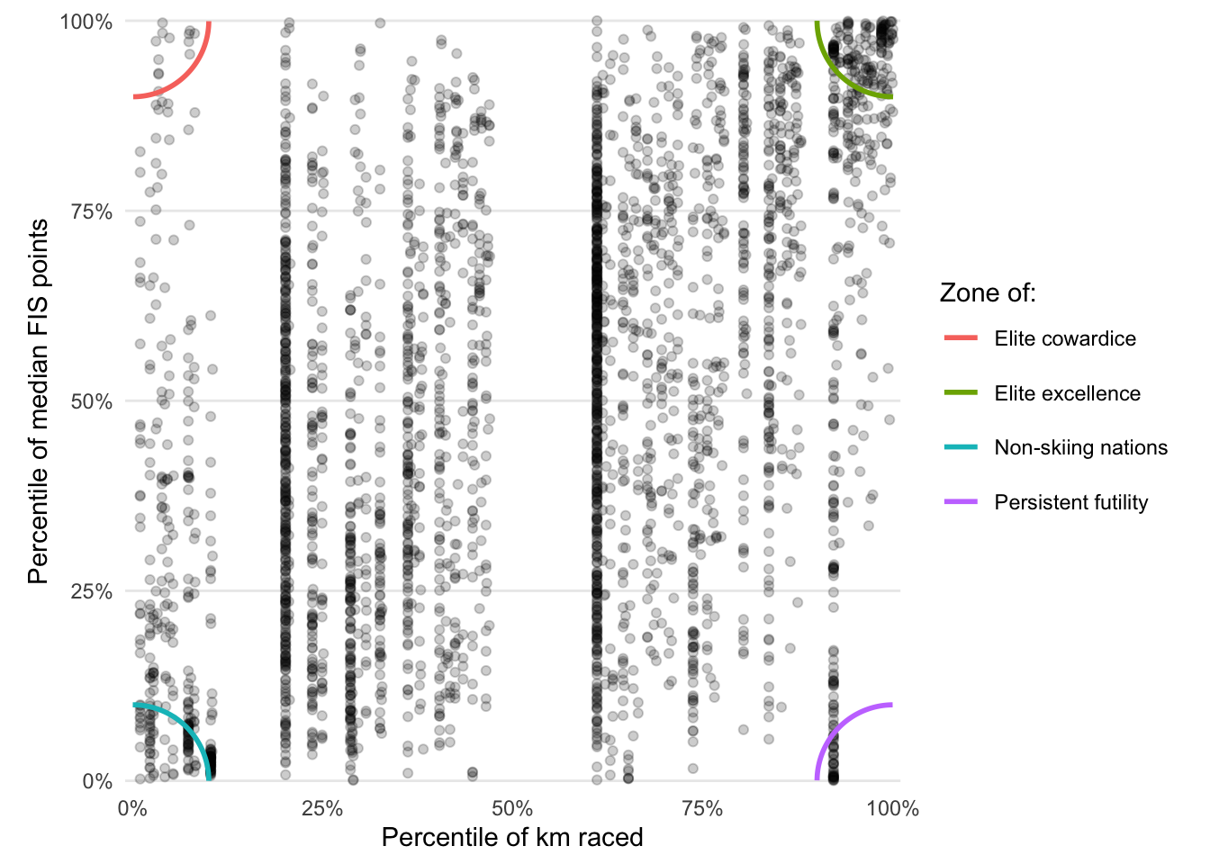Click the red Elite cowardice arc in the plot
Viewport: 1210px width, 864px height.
coord(186,75)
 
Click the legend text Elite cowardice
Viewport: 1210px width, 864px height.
coord(1065,338)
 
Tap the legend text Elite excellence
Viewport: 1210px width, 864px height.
coord(1067,393)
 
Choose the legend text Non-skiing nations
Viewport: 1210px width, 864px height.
coord(1080,447)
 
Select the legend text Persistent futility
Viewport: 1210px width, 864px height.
coord(1070,502)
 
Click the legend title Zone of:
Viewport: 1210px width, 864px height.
coord(988,292)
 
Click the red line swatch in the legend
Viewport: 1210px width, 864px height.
coord(961,338)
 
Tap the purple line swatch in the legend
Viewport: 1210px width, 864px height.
coord(961,502)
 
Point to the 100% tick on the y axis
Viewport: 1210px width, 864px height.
coord(86,22)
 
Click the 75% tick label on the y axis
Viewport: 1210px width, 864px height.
coord(92,211)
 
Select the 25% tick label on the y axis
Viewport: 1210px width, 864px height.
coord(92,591)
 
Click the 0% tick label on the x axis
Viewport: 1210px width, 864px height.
coord(132,808)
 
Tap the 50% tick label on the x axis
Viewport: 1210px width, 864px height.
coord(512,808)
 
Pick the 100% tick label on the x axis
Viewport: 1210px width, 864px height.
coord(892,808)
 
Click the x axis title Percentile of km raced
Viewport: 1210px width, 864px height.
coord(512,838)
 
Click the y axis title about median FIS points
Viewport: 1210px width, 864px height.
coord(38,401)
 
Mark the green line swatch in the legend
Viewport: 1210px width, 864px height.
coord(961,393)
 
